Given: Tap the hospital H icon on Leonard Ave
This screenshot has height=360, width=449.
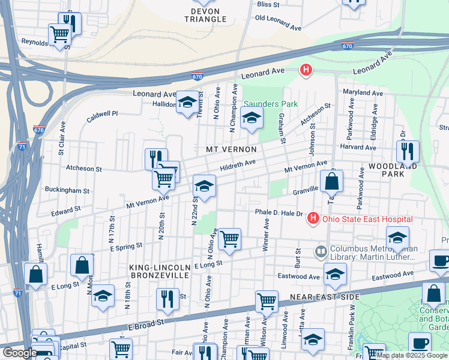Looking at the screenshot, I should pyautogui.click(x=306, y=71).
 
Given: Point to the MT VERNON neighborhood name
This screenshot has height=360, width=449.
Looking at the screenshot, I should pyautogui.click(x=231, y=149).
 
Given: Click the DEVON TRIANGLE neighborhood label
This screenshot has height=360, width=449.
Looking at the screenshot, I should pyautogui.click(x=209, y=15).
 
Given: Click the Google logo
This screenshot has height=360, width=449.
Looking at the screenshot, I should pyautogui.click(x=19, y=353).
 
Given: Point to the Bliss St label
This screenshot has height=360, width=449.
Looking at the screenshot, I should pyautogui.click(x=268, y=4).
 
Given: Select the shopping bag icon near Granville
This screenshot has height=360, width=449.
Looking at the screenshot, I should pyautogui.click(x=331, y=181).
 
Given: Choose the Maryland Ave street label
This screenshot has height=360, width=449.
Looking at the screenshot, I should pyautogui.click(x=363, y=93).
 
